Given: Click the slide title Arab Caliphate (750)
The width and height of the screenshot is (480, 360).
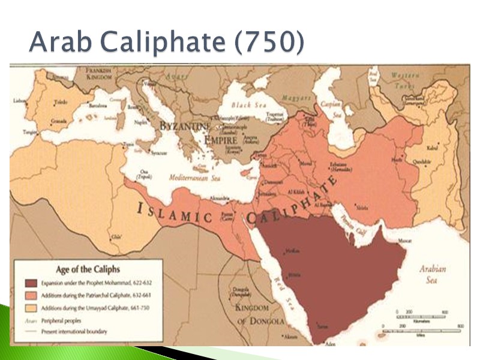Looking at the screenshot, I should coord(167,43).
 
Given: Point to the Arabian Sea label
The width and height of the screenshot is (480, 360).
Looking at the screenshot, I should coord(432,274).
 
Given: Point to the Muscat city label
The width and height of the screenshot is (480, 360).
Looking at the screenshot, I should coord(406,240).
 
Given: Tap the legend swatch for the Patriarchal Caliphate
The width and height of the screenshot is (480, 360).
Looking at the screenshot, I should coord(32,295).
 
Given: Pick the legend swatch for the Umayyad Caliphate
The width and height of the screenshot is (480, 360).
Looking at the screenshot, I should coord(32,308).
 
